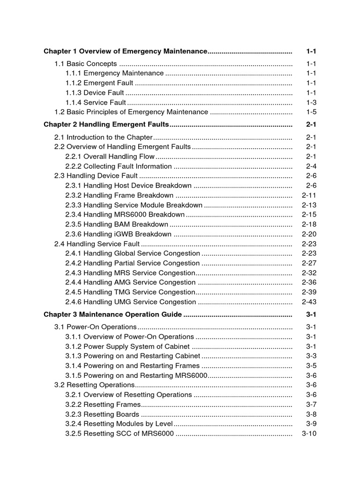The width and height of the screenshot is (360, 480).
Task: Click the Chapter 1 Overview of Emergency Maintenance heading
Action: [x=125, y=51]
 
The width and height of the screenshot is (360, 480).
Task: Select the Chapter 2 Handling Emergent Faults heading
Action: [x=106, y=125]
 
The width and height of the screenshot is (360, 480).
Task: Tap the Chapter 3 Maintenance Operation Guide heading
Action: [x=112, y=315]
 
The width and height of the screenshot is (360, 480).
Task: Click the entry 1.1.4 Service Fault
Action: [x=96, y=102]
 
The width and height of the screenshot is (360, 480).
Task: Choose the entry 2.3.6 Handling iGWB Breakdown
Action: [x=118, y=234]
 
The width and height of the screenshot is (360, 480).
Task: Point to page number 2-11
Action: [x=309, y=195]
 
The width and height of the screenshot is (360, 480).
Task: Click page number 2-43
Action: [x=309, y=302]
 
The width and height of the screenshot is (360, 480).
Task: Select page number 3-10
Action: [x=309, y=434]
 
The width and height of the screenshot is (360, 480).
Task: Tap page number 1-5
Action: [x=311, y=112]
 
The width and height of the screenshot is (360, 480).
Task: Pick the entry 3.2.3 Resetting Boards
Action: [x=102, y=414]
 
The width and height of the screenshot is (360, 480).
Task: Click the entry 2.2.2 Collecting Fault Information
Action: [x=119, y=166]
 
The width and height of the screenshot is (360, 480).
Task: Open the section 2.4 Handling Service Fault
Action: [x=97, y=244]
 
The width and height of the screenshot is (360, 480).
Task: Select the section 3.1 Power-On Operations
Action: [x=96, y=327]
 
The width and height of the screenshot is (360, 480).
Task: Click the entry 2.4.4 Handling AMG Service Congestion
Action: [x=130, y=282]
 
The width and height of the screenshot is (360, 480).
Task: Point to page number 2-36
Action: [x=309, y=282]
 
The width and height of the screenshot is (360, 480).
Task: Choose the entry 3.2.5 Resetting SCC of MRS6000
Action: [x=120, y=434]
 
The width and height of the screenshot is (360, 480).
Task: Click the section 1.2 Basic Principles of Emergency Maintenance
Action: [x=131, y=112]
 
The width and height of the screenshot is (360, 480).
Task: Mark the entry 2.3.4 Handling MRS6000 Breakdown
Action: [x=125, y=215]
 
